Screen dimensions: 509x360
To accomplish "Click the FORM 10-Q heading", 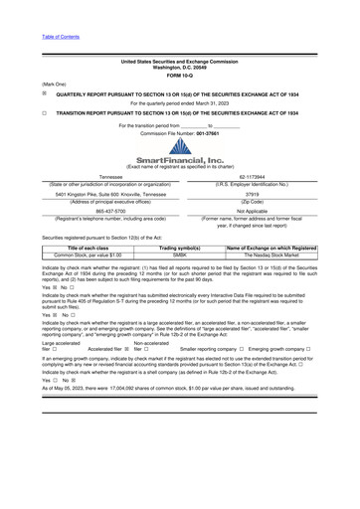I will pyautogui.click(x=179, y=75).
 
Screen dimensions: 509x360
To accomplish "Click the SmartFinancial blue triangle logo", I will pyautogui.click(x=179, y=146).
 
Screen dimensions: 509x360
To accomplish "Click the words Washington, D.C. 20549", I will pyautogui.click(x=179, y=67).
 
